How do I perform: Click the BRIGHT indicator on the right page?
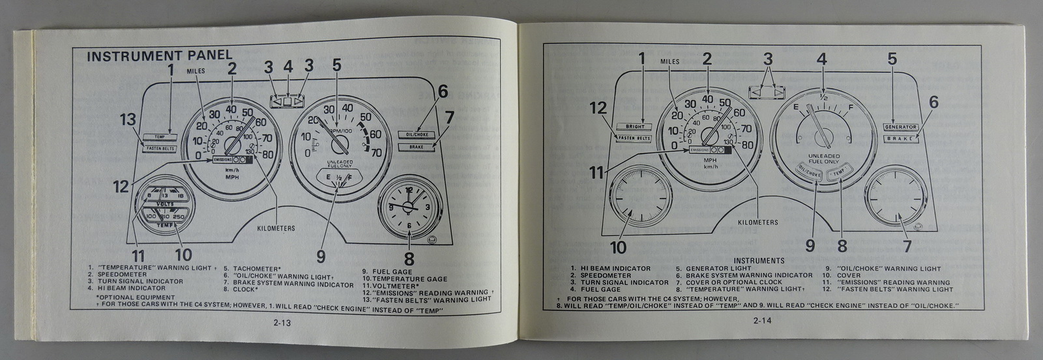pos(634,126)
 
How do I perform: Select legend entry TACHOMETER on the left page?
pos(254,268)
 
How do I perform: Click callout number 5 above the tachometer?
pos(336,65)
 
